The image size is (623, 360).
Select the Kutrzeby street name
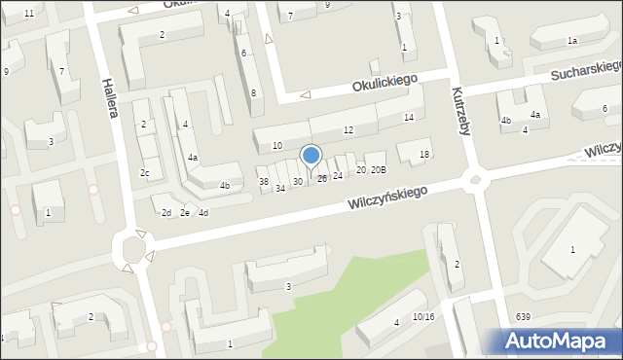[x=459, y=111]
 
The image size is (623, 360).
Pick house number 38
[x=263, y=182]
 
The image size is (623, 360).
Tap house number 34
[x=279, y=188]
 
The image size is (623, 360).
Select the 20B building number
[x=378, y=170]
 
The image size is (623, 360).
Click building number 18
[x=423, y=155]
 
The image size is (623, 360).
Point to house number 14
[x=409, y=118]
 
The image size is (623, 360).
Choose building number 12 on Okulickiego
[x=348, y=130]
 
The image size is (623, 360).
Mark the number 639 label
[x=524, y=316]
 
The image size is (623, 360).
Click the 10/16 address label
[x=422, y=316]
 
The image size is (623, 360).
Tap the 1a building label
[x=572, y=40]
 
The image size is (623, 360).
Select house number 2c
[x=145, y=173]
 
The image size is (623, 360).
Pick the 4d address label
[x=202, y=213]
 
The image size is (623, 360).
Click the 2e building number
[x=184, y=213]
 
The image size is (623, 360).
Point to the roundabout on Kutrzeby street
[x=475, y=179]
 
